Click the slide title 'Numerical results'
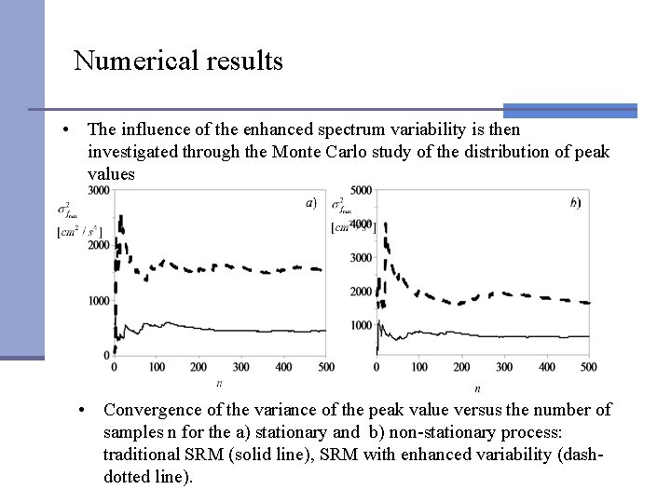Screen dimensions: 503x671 pyautogui.click(x=178, y=61)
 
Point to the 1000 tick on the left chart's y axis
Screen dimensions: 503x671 pyautogui.click(x=98, y=300)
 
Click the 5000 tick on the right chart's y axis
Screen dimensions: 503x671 pyautogui.click(x=361, y=191)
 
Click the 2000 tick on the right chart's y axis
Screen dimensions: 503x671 pyautogui.click(x=361, y=292)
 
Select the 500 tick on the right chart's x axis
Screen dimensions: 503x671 pyautogui.click(x=587, y=367)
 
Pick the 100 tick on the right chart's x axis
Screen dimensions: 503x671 pyautogui.click(x=418, y=367)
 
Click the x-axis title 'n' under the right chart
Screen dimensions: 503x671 pyautogui.click(x=477, y=387)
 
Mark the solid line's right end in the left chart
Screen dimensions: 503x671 pyautogui.click(x=325, y=331)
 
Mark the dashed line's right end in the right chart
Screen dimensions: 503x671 pyautogui.click(x=587, y=303)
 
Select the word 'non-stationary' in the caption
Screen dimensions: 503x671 pyautogui.click(x=436, y=431)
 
